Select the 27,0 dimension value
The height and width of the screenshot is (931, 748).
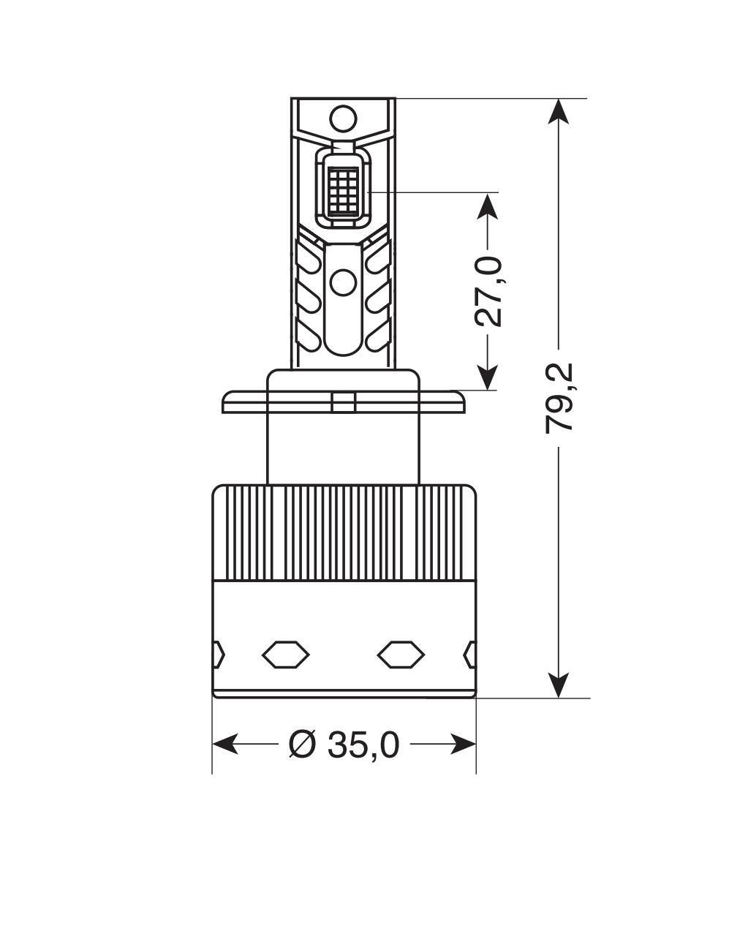488,290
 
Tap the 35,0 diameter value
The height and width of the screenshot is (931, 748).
363,745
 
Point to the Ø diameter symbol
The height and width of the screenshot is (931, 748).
301,745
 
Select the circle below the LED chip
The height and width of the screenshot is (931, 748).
342,282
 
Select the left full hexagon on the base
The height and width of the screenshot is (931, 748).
286,653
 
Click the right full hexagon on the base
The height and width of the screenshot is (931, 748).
401,653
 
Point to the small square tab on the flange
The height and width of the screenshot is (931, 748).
343,403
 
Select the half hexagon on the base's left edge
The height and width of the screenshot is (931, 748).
218,653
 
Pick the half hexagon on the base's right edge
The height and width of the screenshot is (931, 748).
470,653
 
